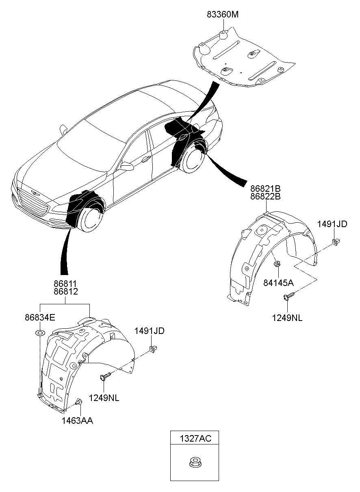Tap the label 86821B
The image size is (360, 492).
(265, 189)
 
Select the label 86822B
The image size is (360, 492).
(265, 197)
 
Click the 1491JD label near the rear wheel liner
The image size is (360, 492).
(332, 224)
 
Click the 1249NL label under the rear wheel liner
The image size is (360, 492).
(287, 318)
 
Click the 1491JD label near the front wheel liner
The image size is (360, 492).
(150, 331)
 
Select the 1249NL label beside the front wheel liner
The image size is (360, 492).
(104, 398)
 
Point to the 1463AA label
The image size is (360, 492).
(77, 420)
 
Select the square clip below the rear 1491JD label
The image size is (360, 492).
(336, 243)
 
